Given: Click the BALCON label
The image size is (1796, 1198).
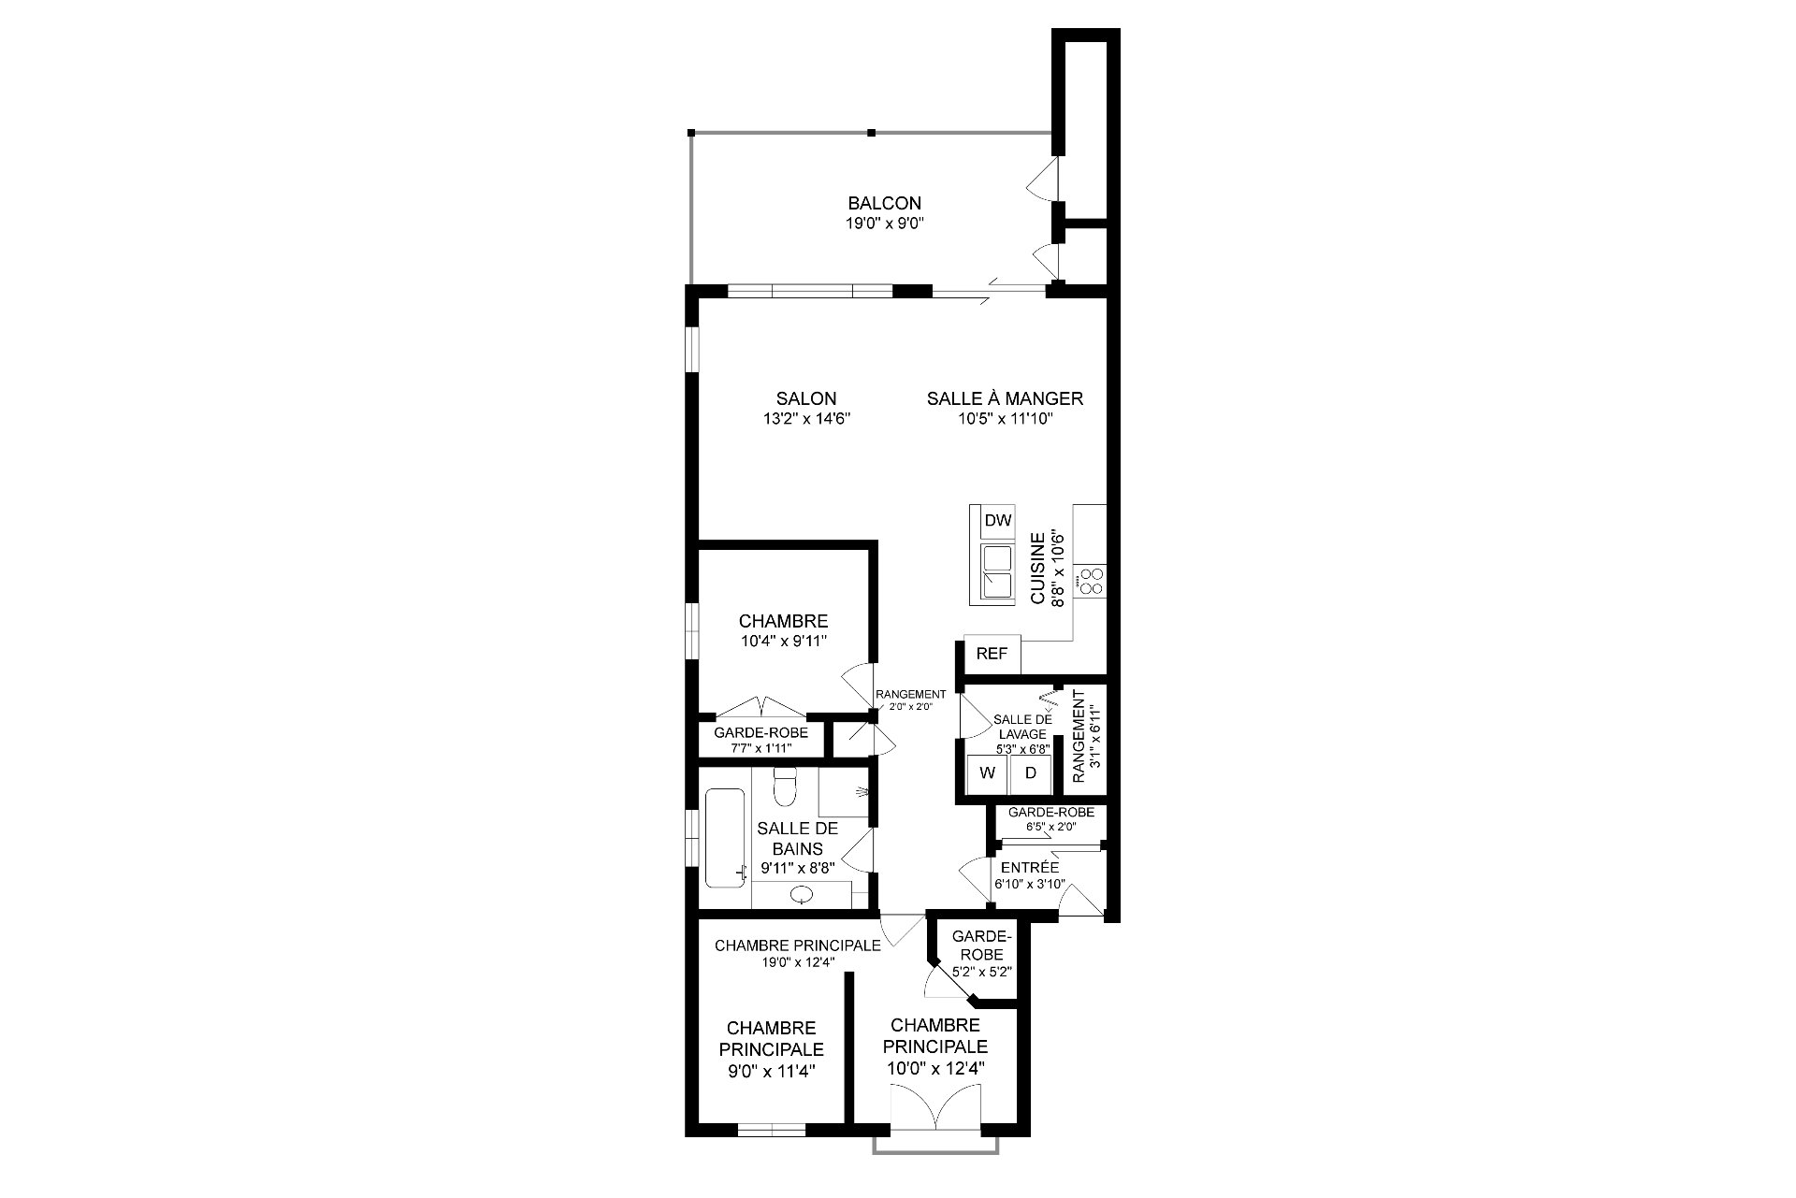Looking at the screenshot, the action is (x=884, y=203).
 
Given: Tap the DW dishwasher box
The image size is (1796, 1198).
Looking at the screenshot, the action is (x=998, y=522).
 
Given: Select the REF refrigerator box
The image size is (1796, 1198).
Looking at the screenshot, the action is (x=992, y=654).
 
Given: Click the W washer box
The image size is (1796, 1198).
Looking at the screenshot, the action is (x=987, y=773).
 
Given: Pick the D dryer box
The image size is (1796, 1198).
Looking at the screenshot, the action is (x=1031, y=773).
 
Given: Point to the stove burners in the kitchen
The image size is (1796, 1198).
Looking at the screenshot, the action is (x=1090, y=581).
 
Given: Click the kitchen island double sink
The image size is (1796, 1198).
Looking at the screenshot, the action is (x=997, y=571).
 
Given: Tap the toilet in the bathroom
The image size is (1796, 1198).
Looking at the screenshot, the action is (x=785, y=787).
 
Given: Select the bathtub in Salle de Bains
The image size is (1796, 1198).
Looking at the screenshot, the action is (x=726, y=838).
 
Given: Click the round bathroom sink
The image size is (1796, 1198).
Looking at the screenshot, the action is (x=803, y=895).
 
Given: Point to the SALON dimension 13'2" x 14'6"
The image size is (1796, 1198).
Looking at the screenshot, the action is (x=806, y=419).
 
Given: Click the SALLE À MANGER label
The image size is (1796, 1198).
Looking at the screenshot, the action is (x=1005, y=398).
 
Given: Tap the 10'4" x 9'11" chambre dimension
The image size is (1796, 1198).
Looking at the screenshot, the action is (x=784, y=642).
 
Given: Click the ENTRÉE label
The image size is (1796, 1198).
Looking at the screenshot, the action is (x=1030, y=868).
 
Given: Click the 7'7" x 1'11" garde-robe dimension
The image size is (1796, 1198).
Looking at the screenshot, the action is (x=760, y=748).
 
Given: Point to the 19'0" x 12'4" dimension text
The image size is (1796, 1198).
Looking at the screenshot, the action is (x=798, y=961).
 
